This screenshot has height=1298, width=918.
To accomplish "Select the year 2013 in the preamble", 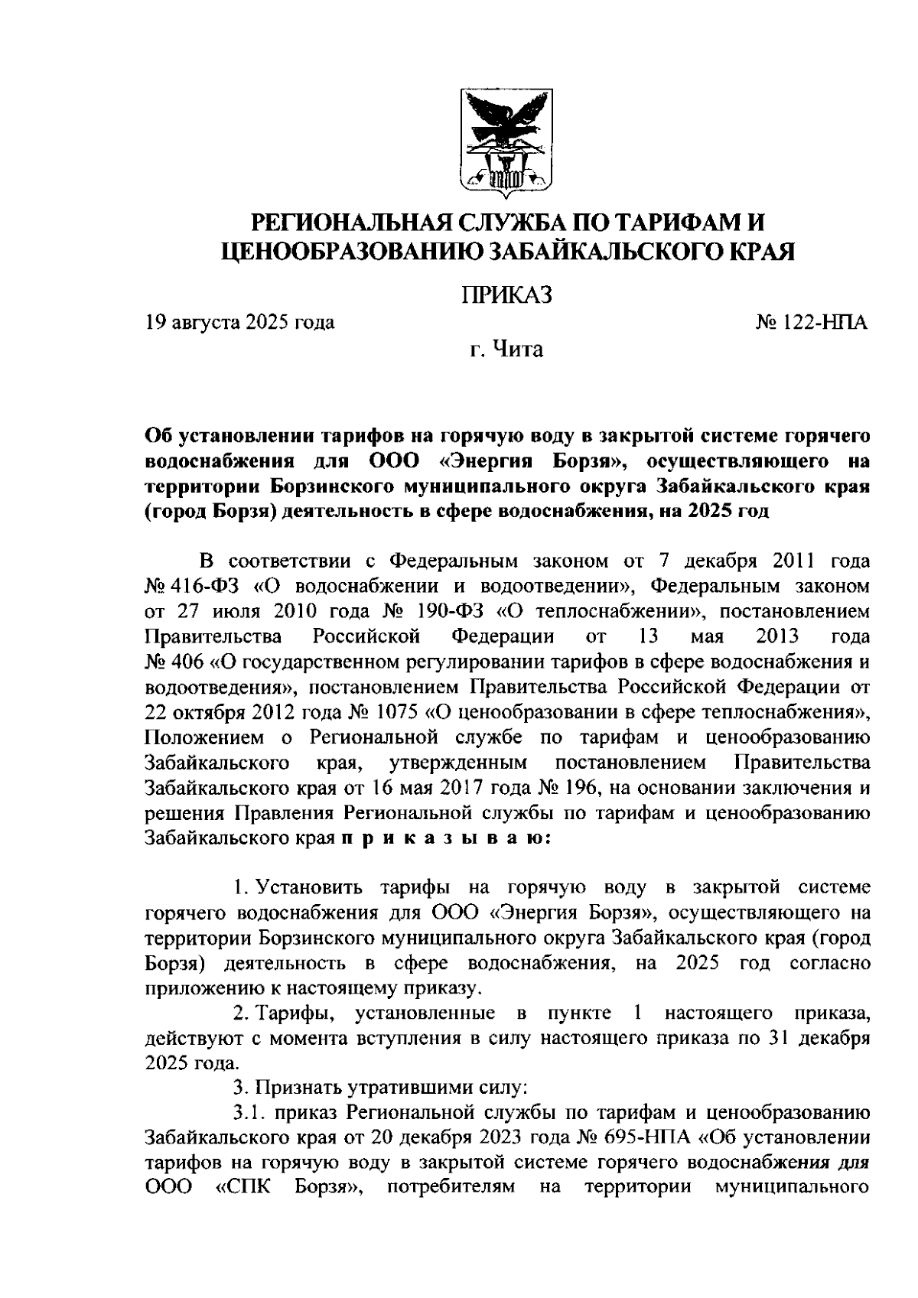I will coord(776,637).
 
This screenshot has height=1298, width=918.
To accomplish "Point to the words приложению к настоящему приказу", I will coord(314,987).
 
